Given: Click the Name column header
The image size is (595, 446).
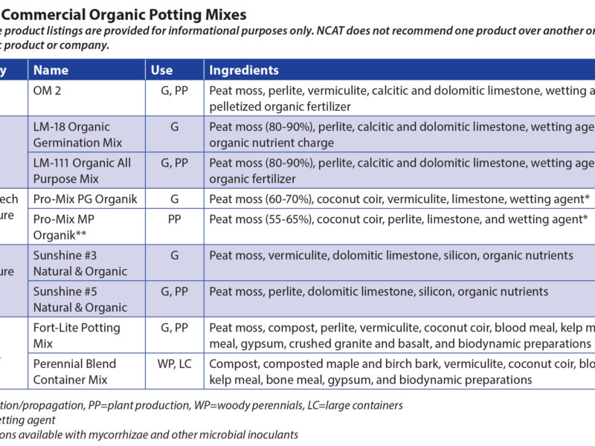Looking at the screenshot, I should pos(51,70).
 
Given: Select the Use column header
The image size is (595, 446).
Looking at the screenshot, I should pos(161,70).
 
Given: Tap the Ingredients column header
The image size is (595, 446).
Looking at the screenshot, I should pos(244,70).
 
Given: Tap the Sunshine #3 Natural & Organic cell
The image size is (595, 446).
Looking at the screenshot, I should pos(80,263).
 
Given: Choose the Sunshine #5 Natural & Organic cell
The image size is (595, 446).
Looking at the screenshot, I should pos(80,300).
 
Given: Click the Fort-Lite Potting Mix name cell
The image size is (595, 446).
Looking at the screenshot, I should pos(75,335).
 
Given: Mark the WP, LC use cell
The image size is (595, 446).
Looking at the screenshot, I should pos(175,364).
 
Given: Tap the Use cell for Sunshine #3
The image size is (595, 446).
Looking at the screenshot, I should pos(175,256).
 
